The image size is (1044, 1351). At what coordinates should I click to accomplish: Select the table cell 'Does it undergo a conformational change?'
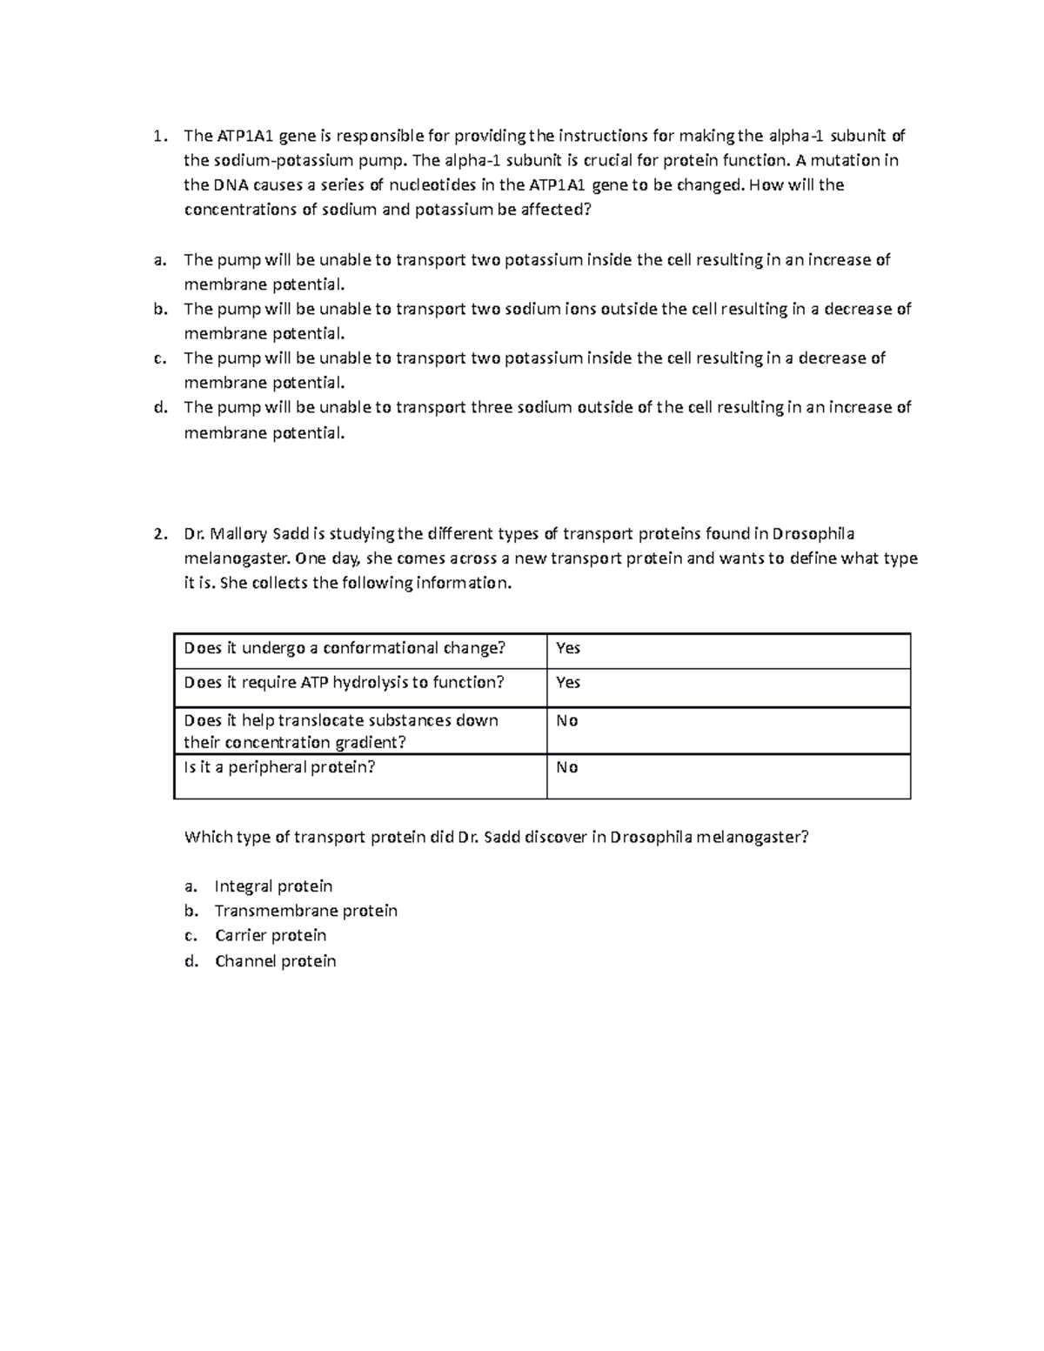[345, 648]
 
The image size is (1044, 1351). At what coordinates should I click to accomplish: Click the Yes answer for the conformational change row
[568, 648]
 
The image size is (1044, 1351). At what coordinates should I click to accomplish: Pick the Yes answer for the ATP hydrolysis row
[568, 683]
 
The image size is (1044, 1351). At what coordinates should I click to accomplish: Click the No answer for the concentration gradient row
[567, 721]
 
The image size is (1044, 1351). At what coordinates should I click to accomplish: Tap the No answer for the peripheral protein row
[567, 767]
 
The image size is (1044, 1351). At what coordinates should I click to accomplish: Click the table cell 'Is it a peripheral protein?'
[279, 767]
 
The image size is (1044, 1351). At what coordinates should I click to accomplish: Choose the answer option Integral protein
[273, 886]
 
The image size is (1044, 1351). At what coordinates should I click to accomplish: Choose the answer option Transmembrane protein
[305, 911]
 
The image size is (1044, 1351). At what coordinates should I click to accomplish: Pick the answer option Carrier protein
[271, 936]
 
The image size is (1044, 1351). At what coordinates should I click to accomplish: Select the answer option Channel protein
[275, 961]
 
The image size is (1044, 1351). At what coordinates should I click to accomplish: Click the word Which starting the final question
[208, 838]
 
